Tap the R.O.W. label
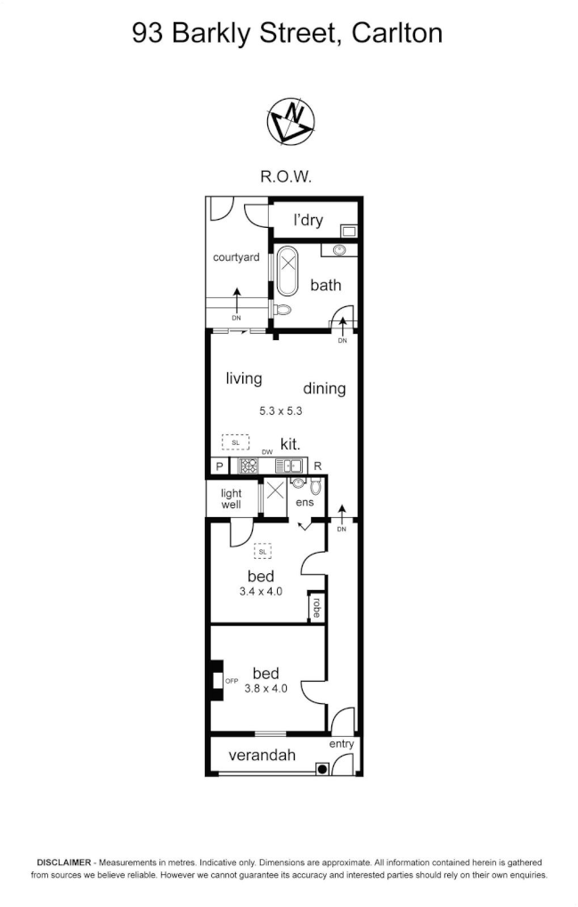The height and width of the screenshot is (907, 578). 286,176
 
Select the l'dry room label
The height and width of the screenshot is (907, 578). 304,220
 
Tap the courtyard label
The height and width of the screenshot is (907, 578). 236,258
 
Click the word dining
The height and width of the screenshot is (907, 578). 324,389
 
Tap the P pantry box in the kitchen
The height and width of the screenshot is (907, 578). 218,466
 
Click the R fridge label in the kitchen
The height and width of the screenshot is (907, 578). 317,466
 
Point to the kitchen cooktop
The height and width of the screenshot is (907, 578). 248,465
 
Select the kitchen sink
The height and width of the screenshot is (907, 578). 290,465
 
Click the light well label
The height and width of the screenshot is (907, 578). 231,499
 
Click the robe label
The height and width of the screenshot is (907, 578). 315,607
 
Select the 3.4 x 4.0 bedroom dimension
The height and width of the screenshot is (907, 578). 261,591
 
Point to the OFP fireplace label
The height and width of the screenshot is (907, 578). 232,681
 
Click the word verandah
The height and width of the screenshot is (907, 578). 262,756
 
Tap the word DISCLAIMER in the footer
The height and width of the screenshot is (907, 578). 64,862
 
